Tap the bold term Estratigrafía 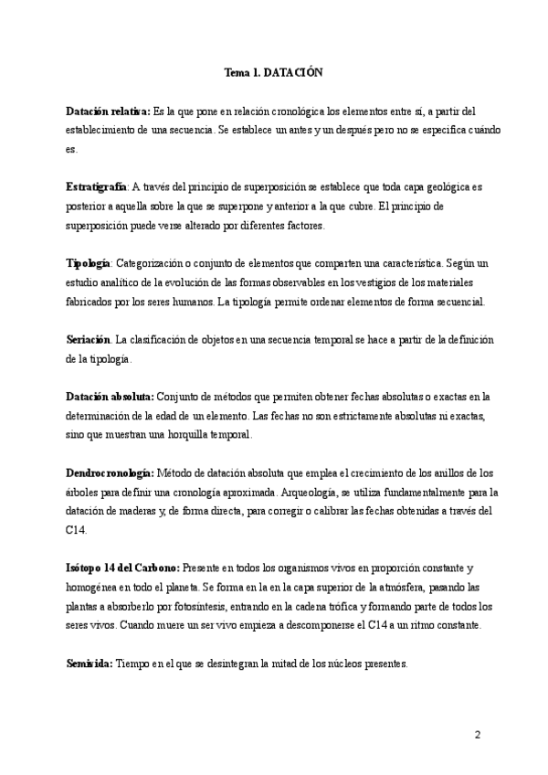(x=97, y=186)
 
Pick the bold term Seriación (x=89, y=339)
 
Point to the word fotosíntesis (x=216, y=607)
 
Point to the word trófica (x=361, y=607)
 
